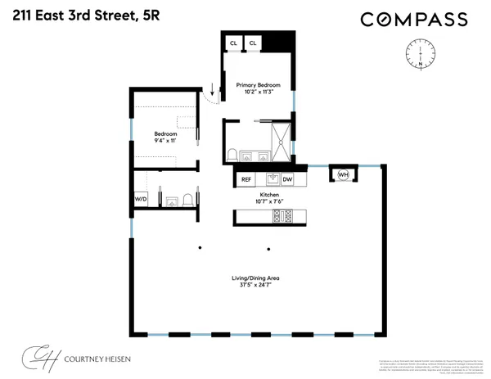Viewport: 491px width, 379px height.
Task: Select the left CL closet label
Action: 233,43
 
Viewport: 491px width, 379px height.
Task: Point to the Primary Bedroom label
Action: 259,85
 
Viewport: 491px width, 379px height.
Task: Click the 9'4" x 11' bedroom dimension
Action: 166,141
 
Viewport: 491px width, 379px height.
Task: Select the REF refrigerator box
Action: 246,179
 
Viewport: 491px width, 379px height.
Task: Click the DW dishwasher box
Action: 287,179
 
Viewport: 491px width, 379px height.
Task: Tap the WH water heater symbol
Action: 343,174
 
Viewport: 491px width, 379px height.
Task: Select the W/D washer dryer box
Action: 141,198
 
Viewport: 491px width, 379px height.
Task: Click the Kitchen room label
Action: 259,195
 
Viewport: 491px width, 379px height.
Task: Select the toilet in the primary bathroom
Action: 233,154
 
